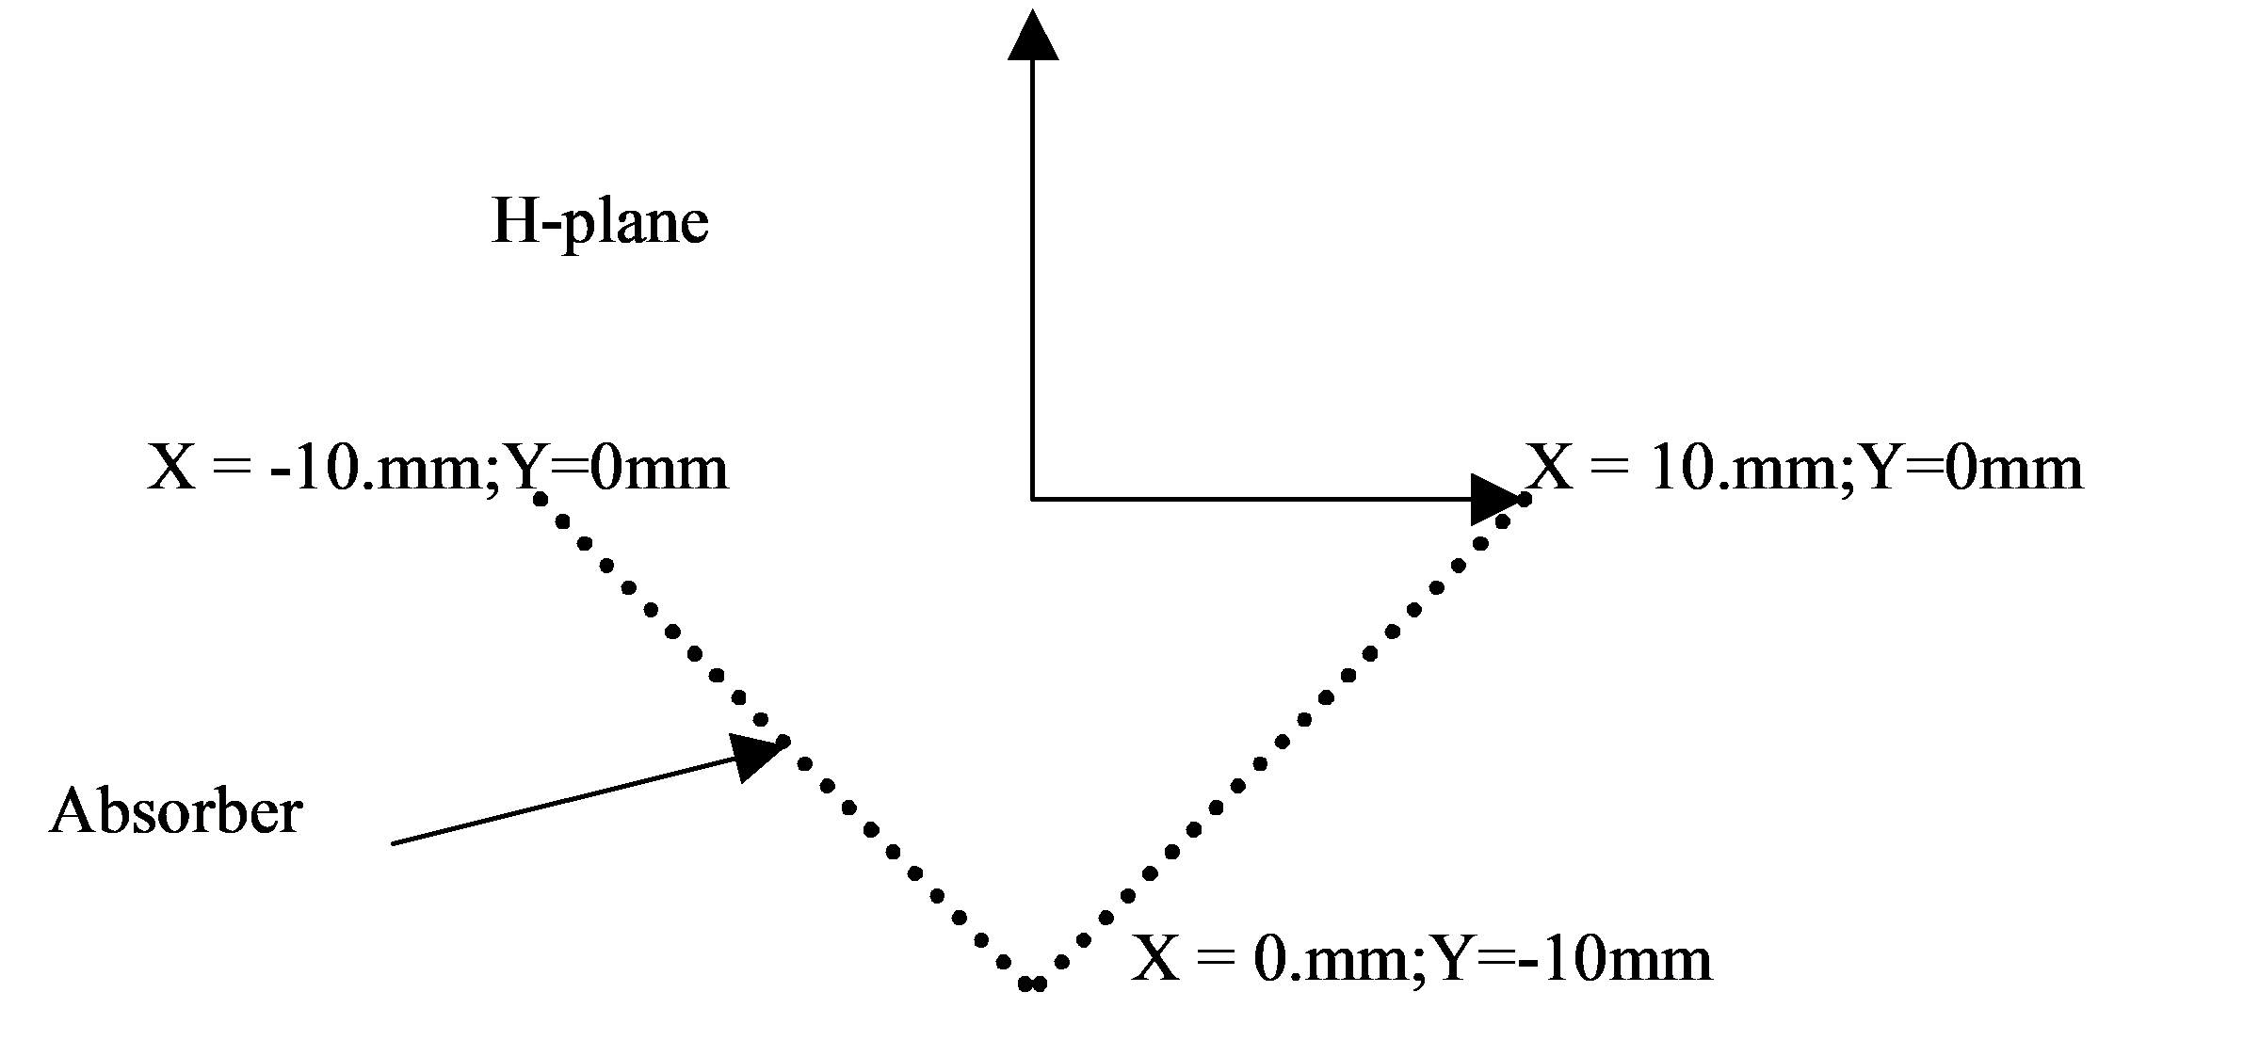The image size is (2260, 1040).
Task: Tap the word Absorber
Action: pos(176,811)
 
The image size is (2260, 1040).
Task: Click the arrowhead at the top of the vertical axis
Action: pos(1033,36)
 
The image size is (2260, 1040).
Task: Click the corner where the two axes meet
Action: pos(1033,499)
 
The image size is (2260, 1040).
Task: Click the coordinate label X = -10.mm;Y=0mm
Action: pos(438,469)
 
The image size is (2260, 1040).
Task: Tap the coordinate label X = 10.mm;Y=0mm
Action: pos(1804,469)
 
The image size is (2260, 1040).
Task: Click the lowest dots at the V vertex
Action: pos(1033,984)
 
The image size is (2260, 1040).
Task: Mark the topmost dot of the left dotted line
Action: pos(540,499)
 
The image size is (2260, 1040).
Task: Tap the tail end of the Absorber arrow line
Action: pos(393,843)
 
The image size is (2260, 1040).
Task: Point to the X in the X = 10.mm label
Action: pos(1550,469)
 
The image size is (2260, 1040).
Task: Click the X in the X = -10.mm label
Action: pos(171,469)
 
